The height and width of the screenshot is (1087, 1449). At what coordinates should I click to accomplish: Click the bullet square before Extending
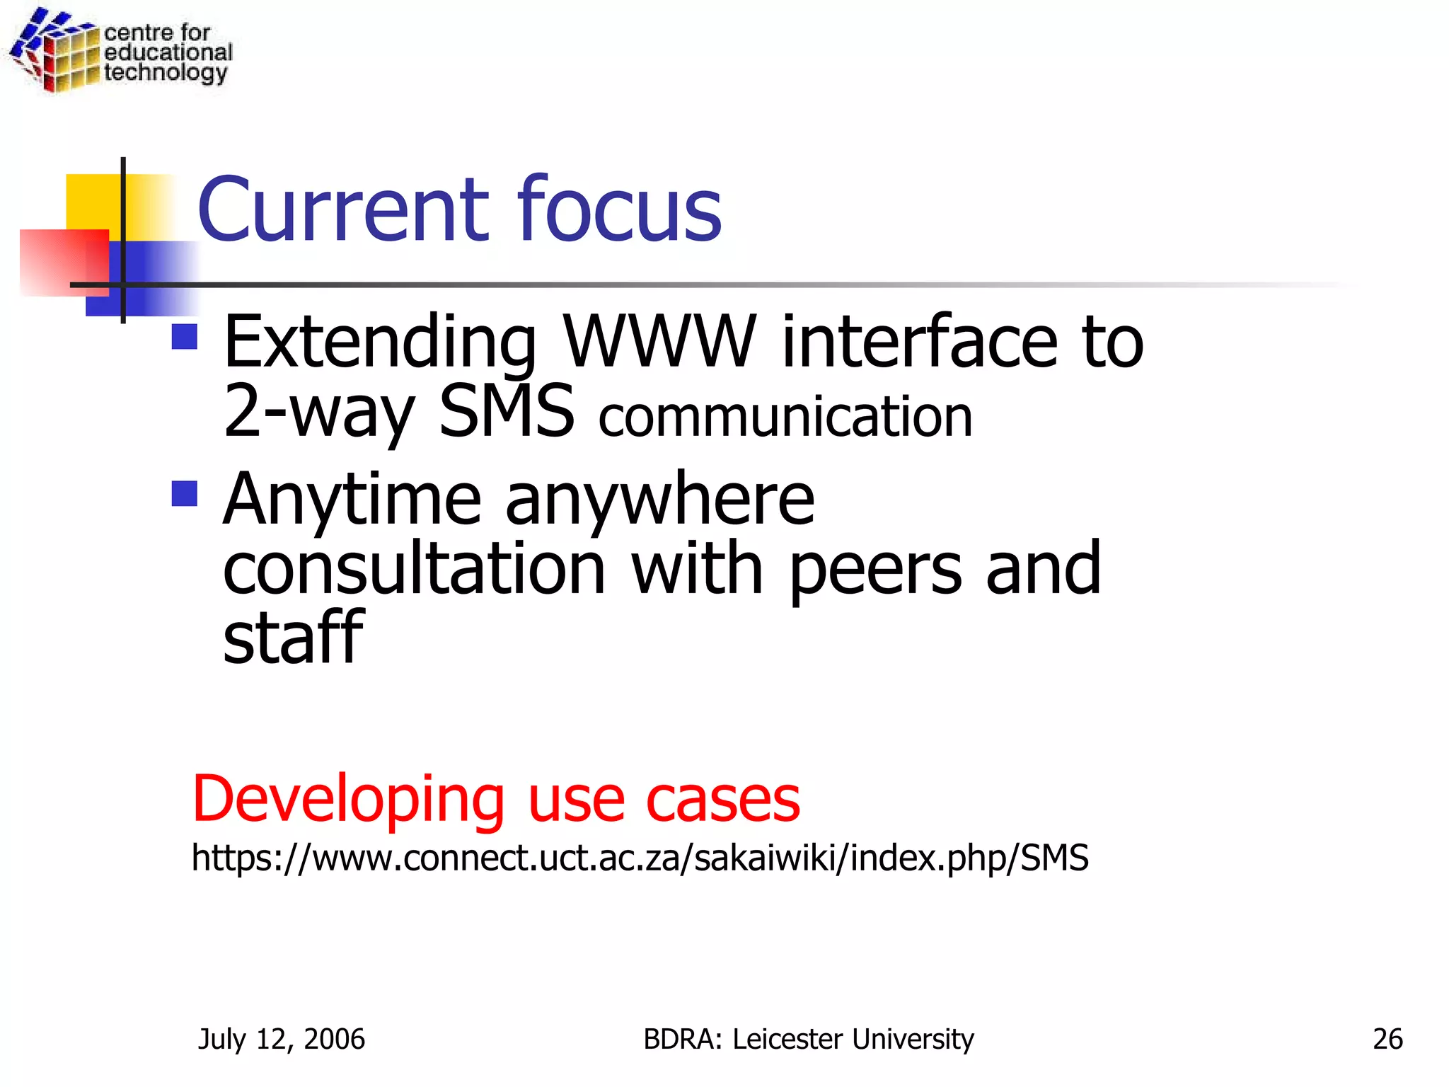(x=185, y=337)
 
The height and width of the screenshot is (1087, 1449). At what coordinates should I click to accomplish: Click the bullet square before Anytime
(x=185, y=494)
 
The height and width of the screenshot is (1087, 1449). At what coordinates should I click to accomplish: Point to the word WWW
(x=659, y=342)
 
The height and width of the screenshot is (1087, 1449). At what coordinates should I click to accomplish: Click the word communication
(x=785, y=418)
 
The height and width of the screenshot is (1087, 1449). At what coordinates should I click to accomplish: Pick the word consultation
(x=414, y=568)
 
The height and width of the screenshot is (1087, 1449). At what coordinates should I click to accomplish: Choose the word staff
(x=293, y=637)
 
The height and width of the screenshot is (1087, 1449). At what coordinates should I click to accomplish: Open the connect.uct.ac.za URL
(x=640, y=858)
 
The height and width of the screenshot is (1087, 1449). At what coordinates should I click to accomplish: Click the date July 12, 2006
(x=282, y=1039)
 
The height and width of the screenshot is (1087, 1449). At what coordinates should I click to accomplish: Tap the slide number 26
(x=1387, y=1039)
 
